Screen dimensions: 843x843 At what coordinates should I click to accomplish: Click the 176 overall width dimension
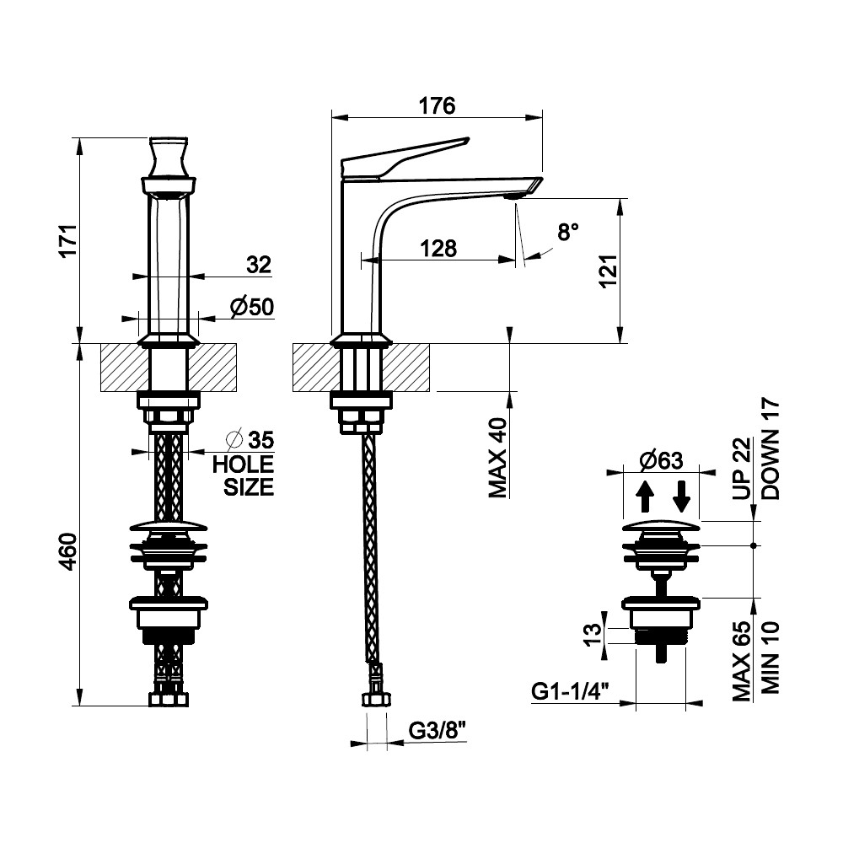[x=437, y=106]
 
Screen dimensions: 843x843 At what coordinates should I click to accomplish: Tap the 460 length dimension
[x=69, y=551]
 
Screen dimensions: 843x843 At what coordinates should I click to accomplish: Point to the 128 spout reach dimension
[x=438, y=249]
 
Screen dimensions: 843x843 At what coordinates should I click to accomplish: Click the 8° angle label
[x=568, y=233]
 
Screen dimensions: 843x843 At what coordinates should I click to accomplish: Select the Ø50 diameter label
[x=252, y=307]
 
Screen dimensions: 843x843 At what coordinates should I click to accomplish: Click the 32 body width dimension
[x=259, y=265]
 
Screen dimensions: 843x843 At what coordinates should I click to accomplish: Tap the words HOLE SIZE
[x=243, y=475]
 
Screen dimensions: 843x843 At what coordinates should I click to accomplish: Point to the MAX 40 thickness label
[x=498, y=458]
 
